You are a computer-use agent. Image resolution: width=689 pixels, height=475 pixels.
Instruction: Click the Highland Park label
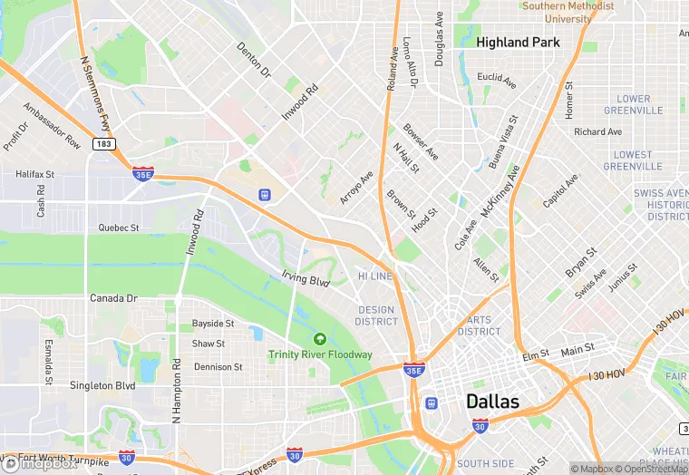(518, 42)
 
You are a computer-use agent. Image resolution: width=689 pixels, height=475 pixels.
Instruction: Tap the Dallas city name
(492, 400)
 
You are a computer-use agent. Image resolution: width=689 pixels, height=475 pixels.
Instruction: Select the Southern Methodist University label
(568, 12)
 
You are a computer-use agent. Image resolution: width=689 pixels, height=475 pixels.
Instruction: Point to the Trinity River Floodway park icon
(318, 338)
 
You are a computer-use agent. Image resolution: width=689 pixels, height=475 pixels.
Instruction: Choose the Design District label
(376, 315)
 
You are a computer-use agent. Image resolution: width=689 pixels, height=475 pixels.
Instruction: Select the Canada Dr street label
(113, 298)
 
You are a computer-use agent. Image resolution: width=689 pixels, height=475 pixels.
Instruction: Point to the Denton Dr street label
(254, 58)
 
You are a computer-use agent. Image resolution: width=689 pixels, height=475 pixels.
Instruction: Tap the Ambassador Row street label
(52, 126)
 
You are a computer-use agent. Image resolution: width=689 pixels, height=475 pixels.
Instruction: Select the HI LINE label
(375, 276)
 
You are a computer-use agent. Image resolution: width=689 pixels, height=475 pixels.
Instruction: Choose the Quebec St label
(119, 228)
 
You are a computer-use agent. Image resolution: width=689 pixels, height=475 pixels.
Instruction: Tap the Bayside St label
(213, 324)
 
